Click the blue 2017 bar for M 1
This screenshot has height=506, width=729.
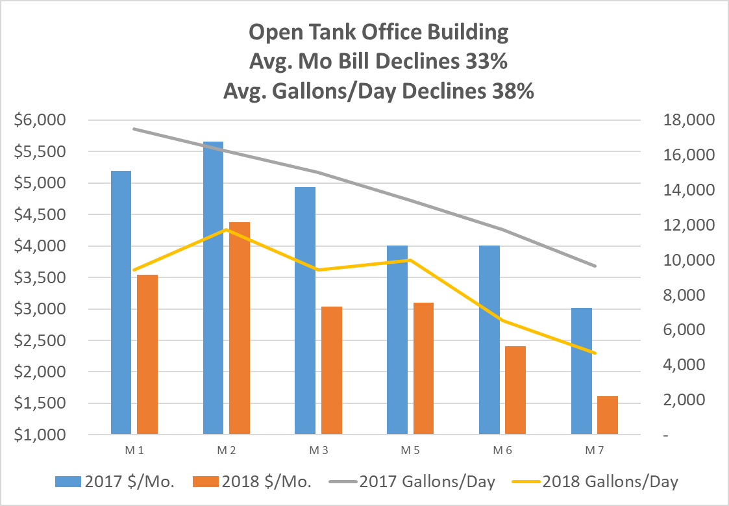pos(121,302)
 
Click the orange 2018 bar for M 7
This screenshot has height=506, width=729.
pos(608,415)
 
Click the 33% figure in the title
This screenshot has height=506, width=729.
pos(483,62)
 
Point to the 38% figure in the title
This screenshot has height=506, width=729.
pos(512,92)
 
